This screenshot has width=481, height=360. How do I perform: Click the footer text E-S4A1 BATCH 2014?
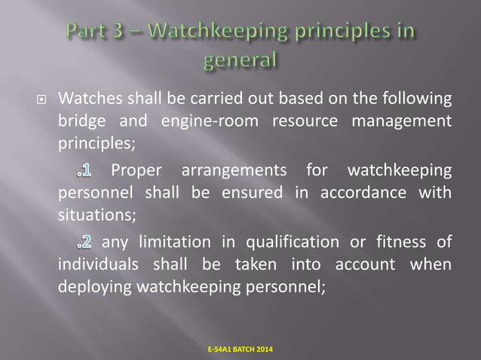pos(240,349)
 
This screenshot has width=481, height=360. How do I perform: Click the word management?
pos(404,122)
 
